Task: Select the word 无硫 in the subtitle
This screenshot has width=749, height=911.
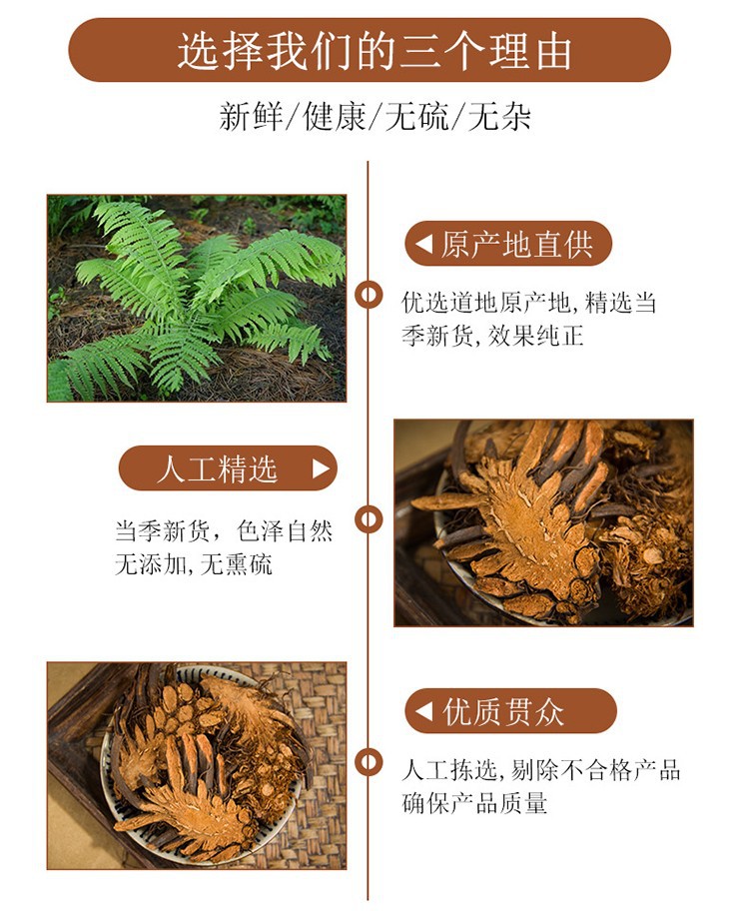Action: click(x=413, y=118)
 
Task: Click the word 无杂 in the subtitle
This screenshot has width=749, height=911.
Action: click(x=498, y=118)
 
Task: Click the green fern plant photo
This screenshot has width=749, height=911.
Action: click(x=197, y=298)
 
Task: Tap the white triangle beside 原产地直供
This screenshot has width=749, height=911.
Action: click(x=424, y=244)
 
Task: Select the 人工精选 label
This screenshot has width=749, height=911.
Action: click(x=217, y=468)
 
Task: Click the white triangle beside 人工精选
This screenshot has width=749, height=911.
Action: click(x=321, y=468)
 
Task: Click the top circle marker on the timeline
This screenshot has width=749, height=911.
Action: click(x=370, y=294)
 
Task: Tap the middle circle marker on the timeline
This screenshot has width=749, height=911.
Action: click(x=370, y=518)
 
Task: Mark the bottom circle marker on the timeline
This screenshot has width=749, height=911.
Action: click(x=370, y=762)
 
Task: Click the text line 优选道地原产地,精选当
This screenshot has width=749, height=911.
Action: click(x=529, y=303)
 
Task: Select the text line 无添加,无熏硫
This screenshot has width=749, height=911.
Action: click(x=194, y=564)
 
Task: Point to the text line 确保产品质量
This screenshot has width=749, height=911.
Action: click(x=474, y=803)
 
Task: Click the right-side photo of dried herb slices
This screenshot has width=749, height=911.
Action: click(x=543, y=522)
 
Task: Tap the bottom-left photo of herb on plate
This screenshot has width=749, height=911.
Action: click(x=197, y=765)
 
